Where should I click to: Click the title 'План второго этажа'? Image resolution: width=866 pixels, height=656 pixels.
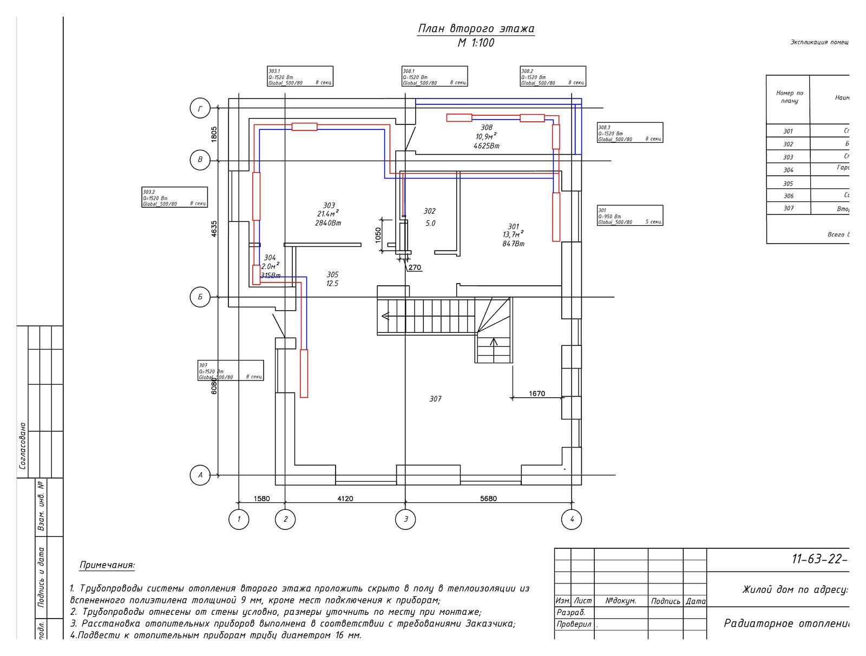[476, 29]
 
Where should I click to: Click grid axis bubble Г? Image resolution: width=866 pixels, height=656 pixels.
[200, 109]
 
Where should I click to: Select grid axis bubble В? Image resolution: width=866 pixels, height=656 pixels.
[200, 160]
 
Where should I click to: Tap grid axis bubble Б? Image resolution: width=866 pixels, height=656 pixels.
[200, 297]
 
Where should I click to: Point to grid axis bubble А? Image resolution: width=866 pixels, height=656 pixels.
[200, 476]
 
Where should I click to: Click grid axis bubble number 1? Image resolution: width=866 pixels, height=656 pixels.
[239, 520]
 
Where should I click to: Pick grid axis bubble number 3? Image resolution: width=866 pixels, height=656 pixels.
[405, 520]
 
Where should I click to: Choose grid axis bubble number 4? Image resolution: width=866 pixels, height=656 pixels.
[572, 520]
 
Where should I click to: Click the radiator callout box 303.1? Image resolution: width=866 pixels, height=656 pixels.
[300, 76]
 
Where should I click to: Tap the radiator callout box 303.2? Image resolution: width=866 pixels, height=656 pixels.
[175, 197]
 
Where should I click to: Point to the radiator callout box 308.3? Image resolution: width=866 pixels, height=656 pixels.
[630, 133]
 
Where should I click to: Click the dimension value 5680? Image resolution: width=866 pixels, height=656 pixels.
[488, 498]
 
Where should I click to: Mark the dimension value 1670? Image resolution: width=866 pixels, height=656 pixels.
[536, 393]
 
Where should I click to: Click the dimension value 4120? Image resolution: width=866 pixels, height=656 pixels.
[345, 498]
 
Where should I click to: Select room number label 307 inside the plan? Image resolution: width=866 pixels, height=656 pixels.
[435, 399]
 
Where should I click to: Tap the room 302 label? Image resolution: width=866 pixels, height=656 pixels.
[429, 211]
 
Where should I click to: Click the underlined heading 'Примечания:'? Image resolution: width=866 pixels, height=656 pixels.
[107, 566]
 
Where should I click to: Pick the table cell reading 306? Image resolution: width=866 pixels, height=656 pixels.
[788, 196]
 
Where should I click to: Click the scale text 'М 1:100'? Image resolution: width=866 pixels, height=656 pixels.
[476, 43]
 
